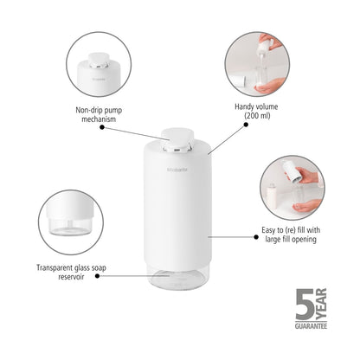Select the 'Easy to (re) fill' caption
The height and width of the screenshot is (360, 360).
point(289,234)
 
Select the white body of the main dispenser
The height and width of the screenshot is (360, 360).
point(179,208)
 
